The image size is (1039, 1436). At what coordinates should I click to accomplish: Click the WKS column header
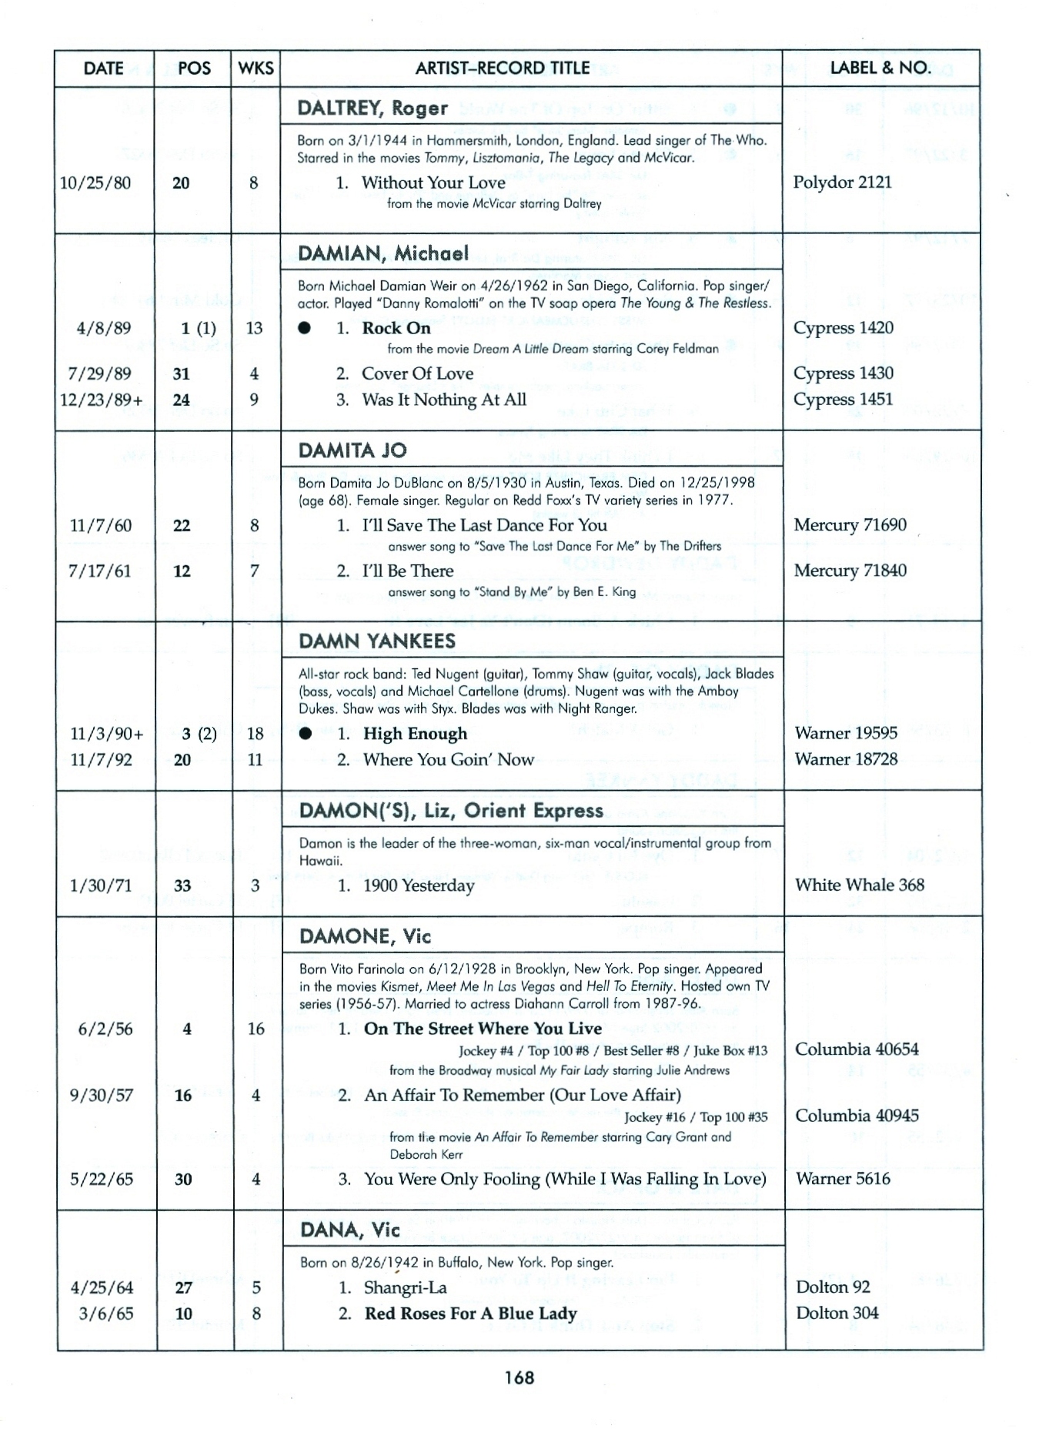click(256, 68)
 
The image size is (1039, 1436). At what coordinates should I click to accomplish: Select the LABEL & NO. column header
click(880, 68)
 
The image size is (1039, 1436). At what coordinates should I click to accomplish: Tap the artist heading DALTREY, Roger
click(373, 108)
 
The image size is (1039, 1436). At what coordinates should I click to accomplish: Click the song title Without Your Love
click(433, 183)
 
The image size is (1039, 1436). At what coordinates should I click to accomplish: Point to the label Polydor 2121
click(842, 182)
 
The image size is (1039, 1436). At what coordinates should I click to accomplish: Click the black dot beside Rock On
click(306, 328)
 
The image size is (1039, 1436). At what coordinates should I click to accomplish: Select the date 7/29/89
click(99, 374)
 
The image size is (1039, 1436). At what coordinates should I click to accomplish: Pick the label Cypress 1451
click(843, 400)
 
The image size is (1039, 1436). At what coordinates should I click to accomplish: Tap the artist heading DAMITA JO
click(352, 450)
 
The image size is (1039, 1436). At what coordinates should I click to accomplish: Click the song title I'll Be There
click(408, 571)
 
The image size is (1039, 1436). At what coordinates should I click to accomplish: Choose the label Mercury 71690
click(850, 525)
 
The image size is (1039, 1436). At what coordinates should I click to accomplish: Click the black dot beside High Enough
click(306, 734)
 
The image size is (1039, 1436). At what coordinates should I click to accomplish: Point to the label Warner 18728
click(846, 759)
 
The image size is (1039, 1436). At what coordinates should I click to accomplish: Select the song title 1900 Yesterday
click(419, 885)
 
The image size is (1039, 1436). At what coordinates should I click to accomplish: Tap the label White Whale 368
click(859, 885)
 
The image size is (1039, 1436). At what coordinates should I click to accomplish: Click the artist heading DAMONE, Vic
click(365, 937)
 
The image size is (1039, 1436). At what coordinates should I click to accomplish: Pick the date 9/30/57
click(101, 1096)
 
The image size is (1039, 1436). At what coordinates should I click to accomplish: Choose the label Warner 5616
click(842, 1179)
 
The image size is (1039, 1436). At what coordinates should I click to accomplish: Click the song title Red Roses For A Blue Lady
click(470, 1314)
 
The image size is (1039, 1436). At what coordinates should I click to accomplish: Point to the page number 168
click(519, 1377)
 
